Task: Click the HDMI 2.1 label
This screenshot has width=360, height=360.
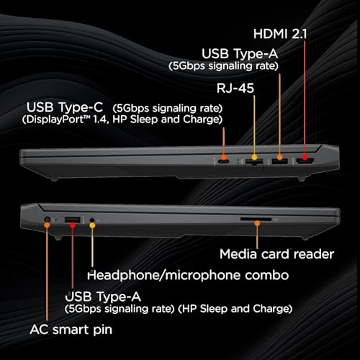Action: tap(280, 34)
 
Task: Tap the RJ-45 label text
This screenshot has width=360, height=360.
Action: tap(235, 88)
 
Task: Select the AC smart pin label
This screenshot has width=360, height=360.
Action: tap(71, 330)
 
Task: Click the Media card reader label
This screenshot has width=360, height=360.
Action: tap(276, 254)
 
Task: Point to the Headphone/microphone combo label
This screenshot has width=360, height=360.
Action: tap(188, 275)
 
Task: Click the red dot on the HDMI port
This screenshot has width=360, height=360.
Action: tap(305, 157)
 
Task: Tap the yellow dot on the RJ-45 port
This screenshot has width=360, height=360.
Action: tap(254, 157)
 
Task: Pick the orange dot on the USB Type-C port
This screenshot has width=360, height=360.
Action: tap(224, 158)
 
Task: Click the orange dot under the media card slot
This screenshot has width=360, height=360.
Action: tap(257, 223)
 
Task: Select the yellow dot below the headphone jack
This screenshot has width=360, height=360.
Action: tap(92, 225)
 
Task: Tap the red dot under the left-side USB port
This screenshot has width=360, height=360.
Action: tap(73, 225)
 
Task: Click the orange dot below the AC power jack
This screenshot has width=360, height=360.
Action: tap(47, 225)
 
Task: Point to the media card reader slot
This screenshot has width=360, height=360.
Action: tap(256, 219)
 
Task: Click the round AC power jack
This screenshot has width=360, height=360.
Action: tap(48, 219)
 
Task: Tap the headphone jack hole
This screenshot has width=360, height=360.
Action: tap(92, 220)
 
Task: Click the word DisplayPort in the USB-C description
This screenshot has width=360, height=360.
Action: tap(53, 120)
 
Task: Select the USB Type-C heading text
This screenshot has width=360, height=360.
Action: tap(65, 107)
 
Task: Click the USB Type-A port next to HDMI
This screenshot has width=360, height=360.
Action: tap(279, 161)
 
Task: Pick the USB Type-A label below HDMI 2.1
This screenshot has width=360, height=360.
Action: tap(240, 53)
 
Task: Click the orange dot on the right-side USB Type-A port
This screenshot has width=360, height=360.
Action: tap(279, 158)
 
